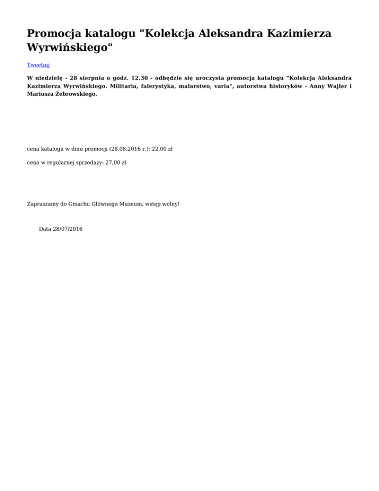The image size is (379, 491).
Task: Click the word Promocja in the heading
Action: click(53, 34)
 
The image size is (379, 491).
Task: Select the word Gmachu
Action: click(78, 204)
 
